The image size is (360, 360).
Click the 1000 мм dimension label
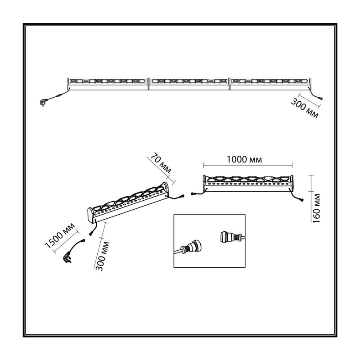coord(244,159)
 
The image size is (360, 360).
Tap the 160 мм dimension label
coord(316,208)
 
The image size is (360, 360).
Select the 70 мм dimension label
coord(161,163)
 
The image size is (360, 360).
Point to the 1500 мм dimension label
coord(60,235)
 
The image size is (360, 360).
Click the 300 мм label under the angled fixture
coord(102,256)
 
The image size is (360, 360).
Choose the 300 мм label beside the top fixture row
coord(305,108)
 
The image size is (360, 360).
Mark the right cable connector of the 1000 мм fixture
coord(301,200)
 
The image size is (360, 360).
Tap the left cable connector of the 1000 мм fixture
coord(193,194)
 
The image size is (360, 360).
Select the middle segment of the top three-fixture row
coord(189,84)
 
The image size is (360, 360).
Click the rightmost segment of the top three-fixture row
coord(271,84)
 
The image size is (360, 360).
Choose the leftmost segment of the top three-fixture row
coord(108,84)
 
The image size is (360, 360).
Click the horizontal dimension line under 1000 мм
coord(248,165)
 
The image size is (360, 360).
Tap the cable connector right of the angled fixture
coord(182,197)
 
